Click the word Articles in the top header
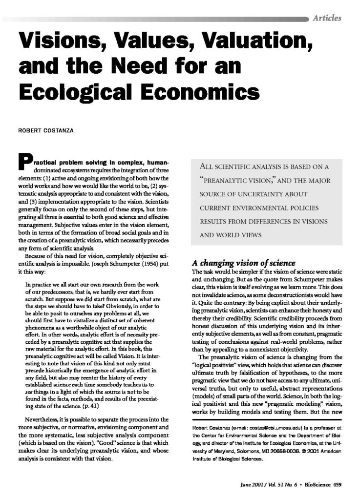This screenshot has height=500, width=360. (x=328, y=19)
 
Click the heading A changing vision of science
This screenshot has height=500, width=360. (x=240, y=261)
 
